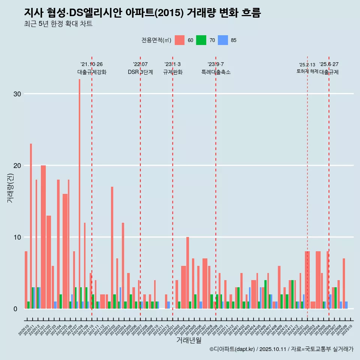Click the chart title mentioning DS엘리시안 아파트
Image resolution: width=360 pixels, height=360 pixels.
tap(142, 13)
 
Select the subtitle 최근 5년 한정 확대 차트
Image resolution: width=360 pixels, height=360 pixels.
tap(58, 24)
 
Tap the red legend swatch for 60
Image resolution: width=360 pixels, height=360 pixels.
tap(180, 40)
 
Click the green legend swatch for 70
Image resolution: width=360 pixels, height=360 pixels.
tap(201, 40)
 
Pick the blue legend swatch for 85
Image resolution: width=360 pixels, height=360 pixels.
tap(223, 40)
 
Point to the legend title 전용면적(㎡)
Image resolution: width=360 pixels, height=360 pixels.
tap(156, 40)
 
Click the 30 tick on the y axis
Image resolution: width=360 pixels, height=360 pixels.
tap(16, 94)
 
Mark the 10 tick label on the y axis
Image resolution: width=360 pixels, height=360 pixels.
tap(16, 237)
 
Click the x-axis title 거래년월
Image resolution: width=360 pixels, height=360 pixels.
tap(189, 340)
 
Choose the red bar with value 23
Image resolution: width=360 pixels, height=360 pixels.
tap(31, 226)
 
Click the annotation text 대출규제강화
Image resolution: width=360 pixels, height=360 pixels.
tap(92, 72)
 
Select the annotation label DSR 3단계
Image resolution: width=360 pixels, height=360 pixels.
tap(140, 72)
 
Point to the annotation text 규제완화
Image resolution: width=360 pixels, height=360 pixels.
tap(172, 72)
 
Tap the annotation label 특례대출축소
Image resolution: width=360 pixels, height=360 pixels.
tap(216, 72)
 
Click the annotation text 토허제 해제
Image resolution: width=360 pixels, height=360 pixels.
tap(307, 71)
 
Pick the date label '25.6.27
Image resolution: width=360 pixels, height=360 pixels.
tap(329, 64)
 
